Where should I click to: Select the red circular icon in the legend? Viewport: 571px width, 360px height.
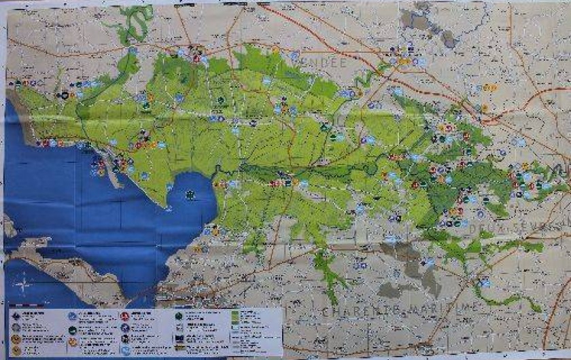(x=124, y=316)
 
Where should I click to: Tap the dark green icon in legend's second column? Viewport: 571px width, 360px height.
(x=71, y=330)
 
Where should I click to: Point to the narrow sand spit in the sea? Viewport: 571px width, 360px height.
(x=112, y=177)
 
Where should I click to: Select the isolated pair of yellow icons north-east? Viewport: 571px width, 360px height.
(x=490, y=88)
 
